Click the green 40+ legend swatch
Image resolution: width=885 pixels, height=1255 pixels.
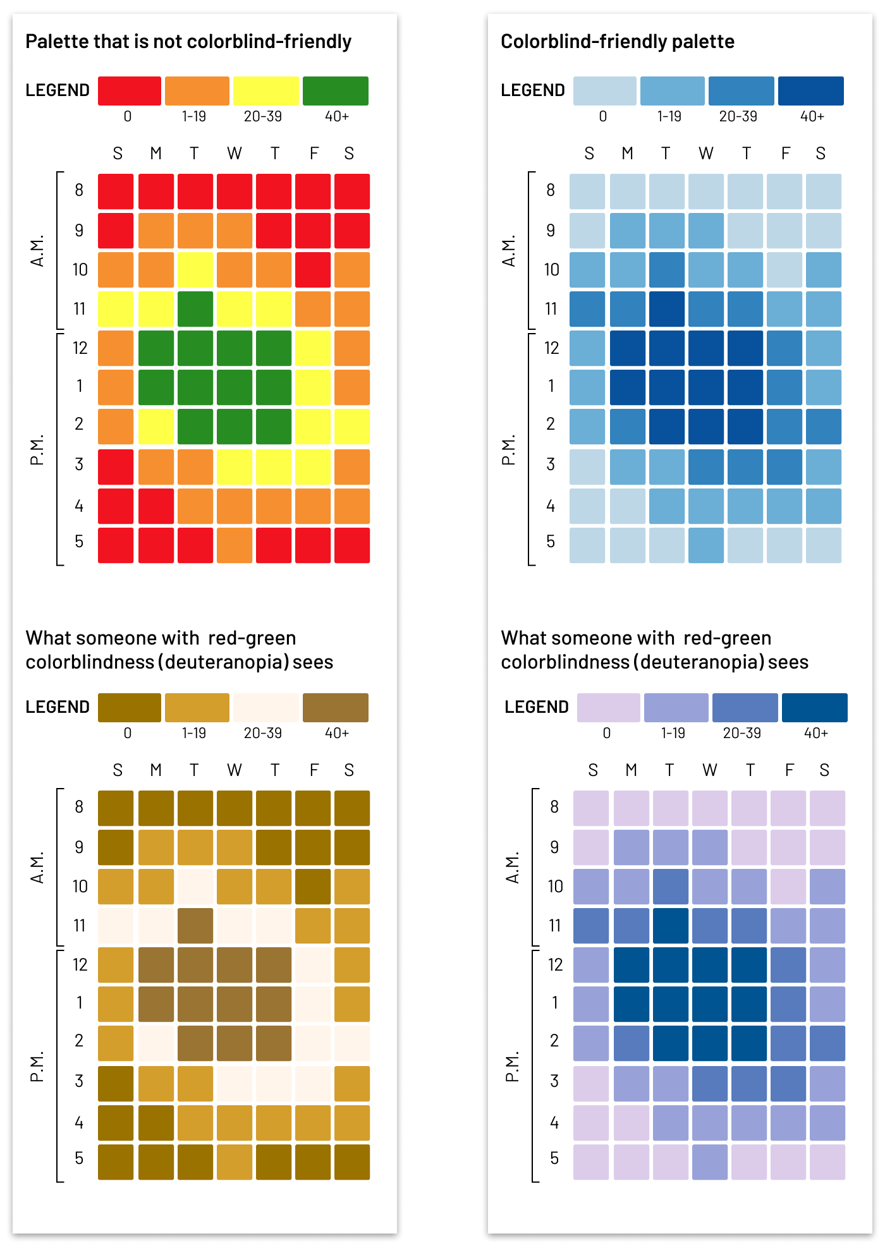(x=335, y=91)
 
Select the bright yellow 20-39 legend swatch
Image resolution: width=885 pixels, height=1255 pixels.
(x=265, y=91)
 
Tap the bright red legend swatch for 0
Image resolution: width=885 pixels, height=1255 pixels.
(x=130, y=91)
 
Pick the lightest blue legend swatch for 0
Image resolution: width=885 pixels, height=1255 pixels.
(x=604, y=91)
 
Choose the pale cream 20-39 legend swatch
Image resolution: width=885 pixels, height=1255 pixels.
(x=265, y=708)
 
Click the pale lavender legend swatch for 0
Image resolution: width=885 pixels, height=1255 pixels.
(x=608, y=708)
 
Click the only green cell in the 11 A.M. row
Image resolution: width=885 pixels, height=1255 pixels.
(x=195, y=309)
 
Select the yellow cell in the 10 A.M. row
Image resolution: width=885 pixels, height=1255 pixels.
(x=195, y=270)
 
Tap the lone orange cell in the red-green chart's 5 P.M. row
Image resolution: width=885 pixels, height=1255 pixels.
(x=235, y=545)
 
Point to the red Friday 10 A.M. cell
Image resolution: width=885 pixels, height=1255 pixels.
(x=313, y=270)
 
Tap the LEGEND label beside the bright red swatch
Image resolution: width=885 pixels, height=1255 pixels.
(x=58, y=90)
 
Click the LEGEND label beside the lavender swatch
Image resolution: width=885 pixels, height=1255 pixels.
(x=537, y=707)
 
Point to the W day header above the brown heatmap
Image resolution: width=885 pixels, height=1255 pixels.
(x=235, y=770)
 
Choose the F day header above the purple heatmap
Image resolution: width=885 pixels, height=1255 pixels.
(x=789, y=770)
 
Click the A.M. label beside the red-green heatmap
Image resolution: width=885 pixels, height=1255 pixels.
(x=38, y=251)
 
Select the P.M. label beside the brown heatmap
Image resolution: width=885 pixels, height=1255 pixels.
(x=38, y=1066)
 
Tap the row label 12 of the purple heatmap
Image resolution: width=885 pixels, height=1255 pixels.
(x=555, y=965)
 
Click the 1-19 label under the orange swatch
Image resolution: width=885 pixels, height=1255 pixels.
(x=194, y=116)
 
